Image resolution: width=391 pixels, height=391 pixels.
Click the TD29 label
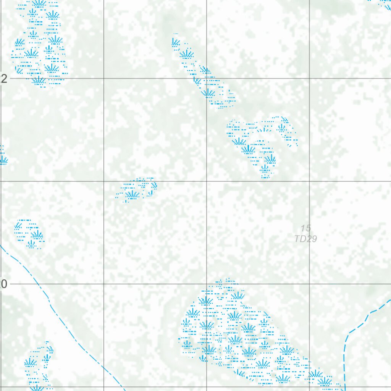coord(305,239)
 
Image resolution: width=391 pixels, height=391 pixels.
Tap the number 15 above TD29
coord(305,228)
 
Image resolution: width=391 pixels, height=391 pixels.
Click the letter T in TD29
coord(297,239)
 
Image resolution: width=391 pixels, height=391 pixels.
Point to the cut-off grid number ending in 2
coord(3,79)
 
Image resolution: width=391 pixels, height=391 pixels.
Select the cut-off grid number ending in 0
coord(3,284)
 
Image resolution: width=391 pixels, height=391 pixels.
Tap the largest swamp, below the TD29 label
coord(237,332)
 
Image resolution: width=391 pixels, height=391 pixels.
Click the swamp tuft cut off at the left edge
coord(2,157)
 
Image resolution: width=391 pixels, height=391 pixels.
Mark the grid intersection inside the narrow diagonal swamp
coord(207,79)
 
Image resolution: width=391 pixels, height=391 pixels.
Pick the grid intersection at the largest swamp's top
coord(207,284)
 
